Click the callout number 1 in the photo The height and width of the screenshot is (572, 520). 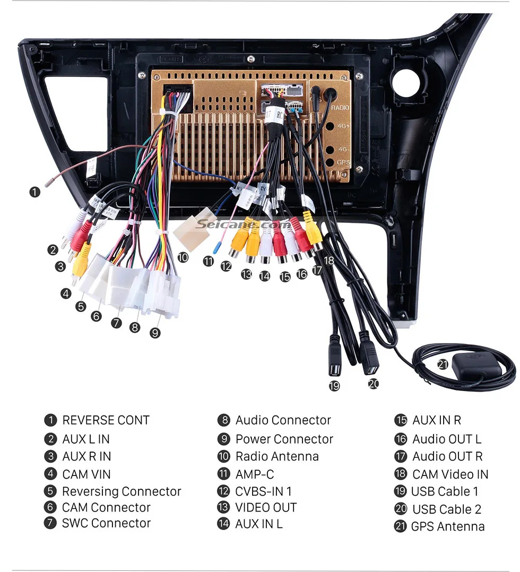point(34,192)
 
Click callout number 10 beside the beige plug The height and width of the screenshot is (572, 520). point(183,257)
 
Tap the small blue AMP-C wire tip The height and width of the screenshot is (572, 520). point(216,248)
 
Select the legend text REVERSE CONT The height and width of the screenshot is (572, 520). point(106,420)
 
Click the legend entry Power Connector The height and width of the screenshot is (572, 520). point(284,439)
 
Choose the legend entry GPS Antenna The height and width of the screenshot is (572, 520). point(447,526)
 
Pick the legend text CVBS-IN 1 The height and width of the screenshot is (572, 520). point(264,491)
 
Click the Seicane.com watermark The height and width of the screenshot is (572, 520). point(242,224)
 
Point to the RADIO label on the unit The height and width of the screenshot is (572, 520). point(340,108)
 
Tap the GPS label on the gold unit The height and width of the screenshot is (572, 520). point(343,162)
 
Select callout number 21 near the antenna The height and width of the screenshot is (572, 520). point(442,364)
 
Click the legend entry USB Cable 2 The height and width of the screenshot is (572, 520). point(446,509)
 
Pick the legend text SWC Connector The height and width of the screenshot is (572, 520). point(106,523)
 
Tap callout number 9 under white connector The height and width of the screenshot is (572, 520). point(154,333)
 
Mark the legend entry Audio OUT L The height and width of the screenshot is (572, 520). point(446,439)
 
